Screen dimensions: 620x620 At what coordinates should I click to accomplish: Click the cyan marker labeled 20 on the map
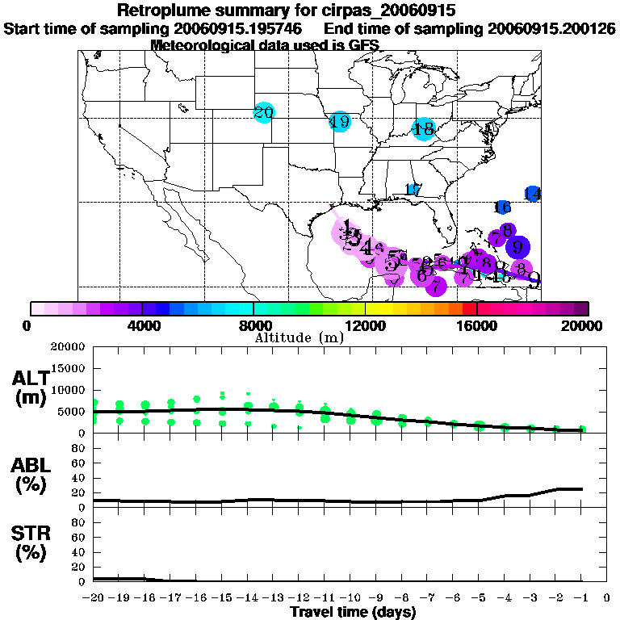point(263,113)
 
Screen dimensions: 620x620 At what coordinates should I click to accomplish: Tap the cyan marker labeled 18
point(423,128)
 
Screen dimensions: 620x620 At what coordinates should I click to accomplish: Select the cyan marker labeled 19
point(340,122)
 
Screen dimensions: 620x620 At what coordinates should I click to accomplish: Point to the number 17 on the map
point(413,191)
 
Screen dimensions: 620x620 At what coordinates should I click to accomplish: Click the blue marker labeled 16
point(502,207)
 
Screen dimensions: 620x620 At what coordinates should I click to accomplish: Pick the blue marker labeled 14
point(532,194)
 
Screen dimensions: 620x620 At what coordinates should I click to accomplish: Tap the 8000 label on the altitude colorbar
point(253,325)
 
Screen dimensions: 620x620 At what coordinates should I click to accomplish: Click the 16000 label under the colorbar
point(477,325)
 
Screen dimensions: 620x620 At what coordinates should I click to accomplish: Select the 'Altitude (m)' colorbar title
point(299,337)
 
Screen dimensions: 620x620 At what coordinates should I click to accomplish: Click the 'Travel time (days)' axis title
point(354,612)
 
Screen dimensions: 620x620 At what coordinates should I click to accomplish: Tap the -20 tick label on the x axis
point(94,597)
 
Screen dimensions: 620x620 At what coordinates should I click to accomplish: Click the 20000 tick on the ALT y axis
point(68,347)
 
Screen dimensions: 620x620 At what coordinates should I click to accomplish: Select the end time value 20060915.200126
point(552,28)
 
